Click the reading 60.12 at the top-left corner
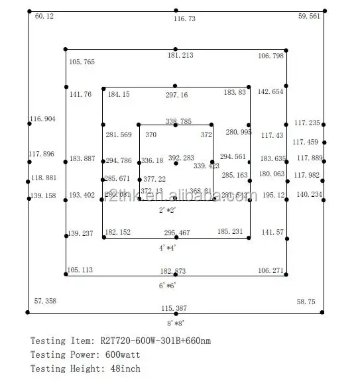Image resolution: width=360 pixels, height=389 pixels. point(44,16)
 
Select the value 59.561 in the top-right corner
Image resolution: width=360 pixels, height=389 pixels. point(309,16)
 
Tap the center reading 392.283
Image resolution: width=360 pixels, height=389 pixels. point(181,158)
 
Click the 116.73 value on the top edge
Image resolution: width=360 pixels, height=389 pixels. point(184,19)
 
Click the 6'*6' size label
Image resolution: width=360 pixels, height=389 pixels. point(167,285)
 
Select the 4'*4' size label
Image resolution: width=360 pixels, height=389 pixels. point(167,247)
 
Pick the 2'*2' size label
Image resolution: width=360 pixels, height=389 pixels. point(167,210)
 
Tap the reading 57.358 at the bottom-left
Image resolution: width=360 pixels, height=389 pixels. point(45,301)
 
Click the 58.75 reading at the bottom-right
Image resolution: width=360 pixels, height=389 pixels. point(306,301)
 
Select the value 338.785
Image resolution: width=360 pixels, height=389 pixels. point(178,121)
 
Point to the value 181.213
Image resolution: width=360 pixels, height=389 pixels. point(180,56)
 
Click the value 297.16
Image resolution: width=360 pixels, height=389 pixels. point(176,95)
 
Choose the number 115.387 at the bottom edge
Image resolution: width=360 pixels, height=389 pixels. point(174,309)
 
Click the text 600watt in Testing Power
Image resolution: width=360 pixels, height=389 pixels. point(121,355)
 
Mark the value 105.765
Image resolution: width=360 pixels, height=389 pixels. point(82,62)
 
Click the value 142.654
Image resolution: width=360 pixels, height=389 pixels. point(270,91)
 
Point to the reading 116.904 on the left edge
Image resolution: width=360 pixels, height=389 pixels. point(42,119)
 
